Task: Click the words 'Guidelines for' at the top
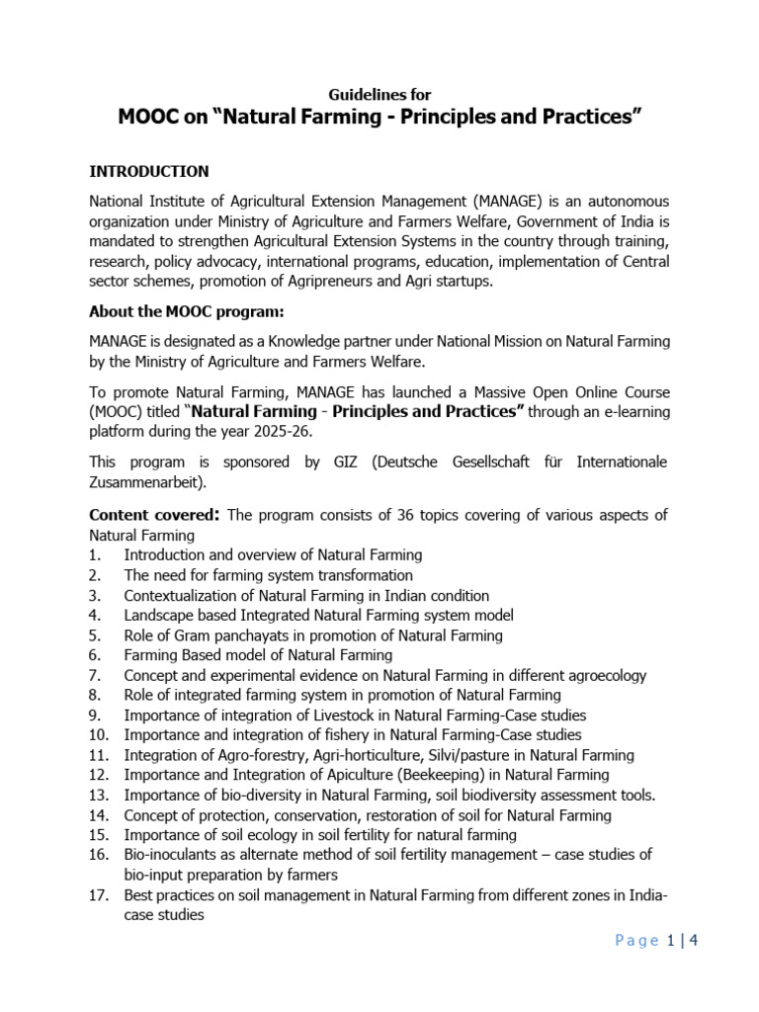379,95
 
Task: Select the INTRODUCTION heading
149,172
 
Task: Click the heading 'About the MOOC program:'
187,313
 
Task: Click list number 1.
94,555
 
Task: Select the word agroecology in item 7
601,675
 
